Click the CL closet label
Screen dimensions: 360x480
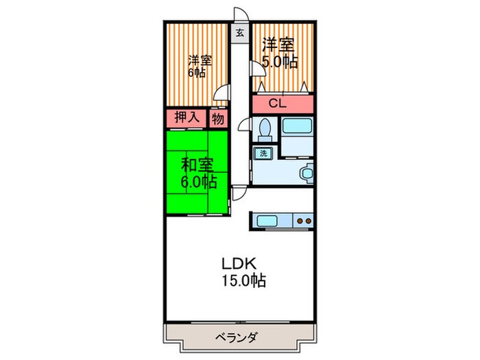278,105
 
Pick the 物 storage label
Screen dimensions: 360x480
218,119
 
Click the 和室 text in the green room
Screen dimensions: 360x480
197,165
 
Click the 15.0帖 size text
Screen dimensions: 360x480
243,280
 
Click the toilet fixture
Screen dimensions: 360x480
264,129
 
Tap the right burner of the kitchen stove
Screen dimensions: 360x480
308,221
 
